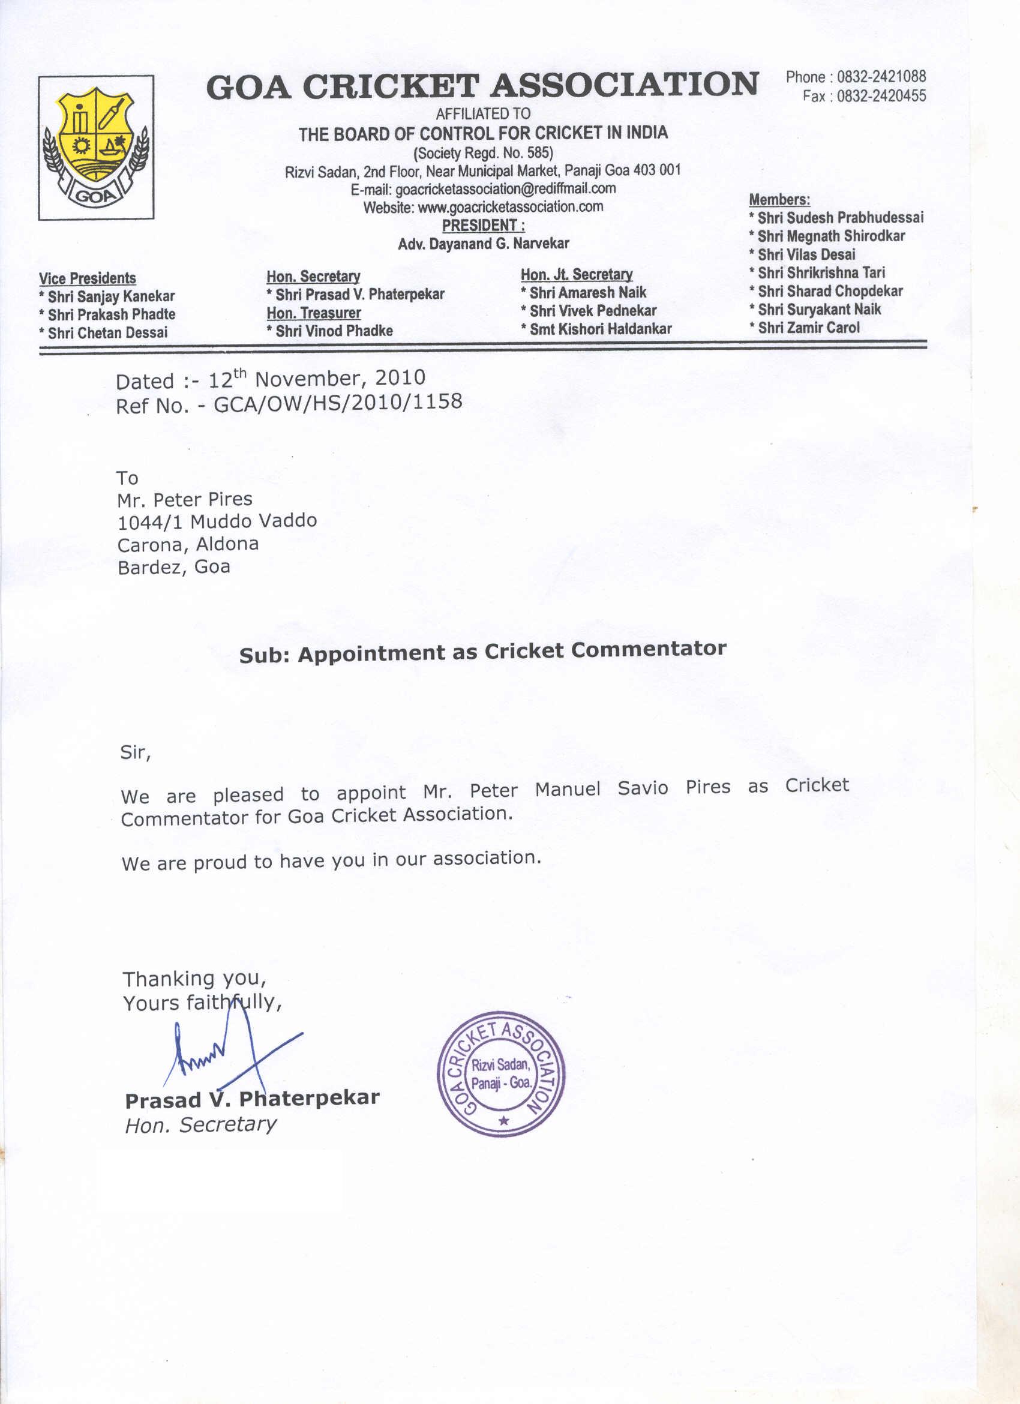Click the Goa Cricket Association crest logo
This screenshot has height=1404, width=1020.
[x=96, y=147]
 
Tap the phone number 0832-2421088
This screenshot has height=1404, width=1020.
[x=881, y=77]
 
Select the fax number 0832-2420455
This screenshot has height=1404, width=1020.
[x=881, y=96]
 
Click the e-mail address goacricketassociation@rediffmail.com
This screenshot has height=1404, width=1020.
[x=505, y=188]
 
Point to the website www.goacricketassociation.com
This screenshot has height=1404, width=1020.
[x=510, y=207]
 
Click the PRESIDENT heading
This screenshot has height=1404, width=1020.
[x=483, y=226]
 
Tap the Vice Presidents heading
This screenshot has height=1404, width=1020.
[x=87, y=278]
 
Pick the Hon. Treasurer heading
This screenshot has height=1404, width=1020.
[x=313, y=313]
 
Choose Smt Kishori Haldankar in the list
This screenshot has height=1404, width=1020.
[x=600, y=329]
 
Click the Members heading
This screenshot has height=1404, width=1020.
[x=779, y=199]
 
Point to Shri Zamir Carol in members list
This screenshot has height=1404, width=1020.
[x=808, y=328]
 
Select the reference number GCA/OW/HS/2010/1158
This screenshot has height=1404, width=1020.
[x=337, y=403]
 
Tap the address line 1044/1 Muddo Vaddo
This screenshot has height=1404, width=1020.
[x=217, y=521]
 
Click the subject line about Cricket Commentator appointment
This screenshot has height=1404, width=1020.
[x=482, y=652]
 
